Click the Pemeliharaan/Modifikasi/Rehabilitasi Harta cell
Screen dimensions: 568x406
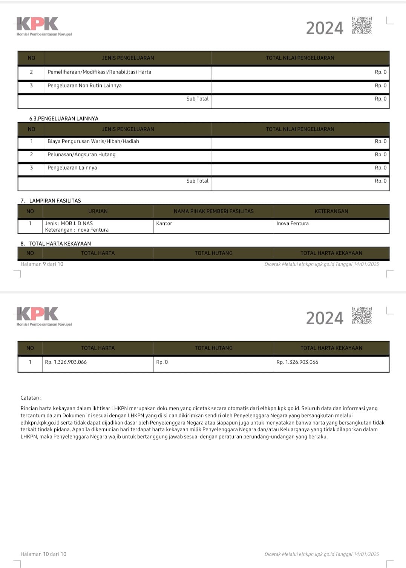click(x=99, y=72)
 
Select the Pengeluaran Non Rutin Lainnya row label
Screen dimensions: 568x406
click(x=84, y=86)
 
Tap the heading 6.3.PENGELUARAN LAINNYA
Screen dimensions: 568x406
click(x=64, y=118)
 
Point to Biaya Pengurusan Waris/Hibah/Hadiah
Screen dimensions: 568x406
click(x=93, y=141)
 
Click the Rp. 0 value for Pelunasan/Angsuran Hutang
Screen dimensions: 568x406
click(x=380, y=154)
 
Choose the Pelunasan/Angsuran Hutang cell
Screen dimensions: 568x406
click(x=81, y=154)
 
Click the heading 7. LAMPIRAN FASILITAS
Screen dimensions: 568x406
click(x=51, y=200)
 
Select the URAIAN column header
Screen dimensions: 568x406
click(x=98, y=211)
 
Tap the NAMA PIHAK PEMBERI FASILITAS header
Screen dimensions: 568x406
click(x=213, y=211)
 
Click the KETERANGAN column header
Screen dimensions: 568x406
click(x=331, y=211)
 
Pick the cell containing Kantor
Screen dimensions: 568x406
click(x=164, y=223)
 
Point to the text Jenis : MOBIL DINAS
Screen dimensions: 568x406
click(x=69, y=223)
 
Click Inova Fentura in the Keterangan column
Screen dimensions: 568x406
click(x=293, y=223)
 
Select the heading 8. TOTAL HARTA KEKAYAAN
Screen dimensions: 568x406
click(x=56, y=243)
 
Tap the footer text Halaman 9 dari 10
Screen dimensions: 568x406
click(x=42, y=264)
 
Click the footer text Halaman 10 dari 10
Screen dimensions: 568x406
click(x=43, y=554)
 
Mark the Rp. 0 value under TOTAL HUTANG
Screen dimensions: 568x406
click(x=162, y=362)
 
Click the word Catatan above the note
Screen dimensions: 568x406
click(x=31, y=398)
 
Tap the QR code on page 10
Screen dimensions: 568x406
click(x=362, y=315)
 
